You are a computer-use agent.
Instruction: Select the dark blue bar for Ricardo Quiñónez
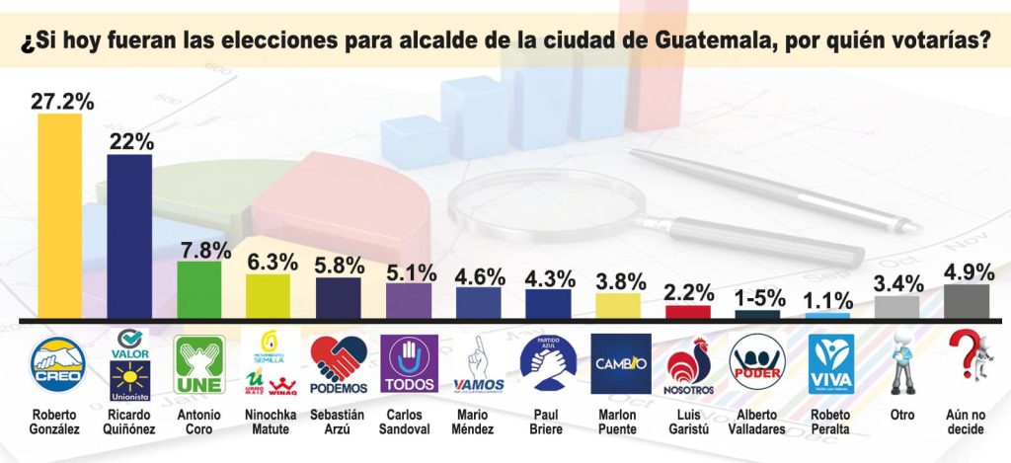click(128, 237)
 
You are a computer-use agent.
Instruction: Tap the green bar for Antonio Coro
click(198, 290)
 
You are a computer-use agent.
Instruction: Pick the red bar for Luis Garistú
click(688, 312)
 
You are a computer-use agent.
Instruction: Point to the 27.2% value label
click(61, 100)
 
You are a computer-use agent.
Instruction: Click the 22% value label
click(131, 141)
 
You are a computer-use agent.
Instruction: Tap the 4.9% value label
click(968, 272)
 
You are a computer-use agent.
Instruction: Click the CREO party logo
click(59, 364)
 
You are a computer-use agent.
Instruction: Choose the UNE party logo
click(198, 364)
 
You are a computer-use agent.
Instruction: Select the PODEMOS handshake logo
click(338, 364)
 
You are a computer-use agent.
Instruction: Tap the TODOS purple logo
click(408, 364)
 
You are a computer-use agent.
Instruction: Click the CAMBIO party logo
click(620, 364)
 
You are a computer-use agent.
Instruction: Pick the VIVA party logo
click(829, 364)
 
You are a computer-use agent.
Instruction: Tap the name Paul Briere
click(548, 423)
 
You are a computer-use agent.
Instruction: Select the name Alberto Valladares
click(758, 423)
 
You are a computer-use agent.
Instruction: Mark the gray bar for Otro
click(898, 307)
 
